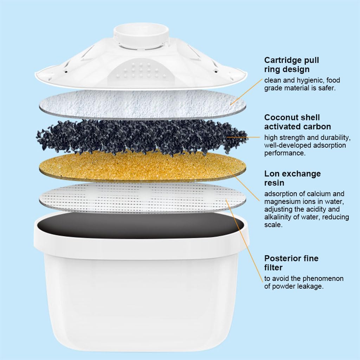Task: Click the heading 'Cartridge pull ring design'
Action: pos(291,65)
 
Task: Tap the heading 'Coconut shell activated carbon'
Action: pos(297,122)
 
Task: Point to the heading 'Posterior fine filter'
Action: pos(291,263)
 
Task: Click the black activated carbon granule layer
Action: pos(141,137)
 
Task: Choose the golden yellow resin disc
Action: pos(141,165)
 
